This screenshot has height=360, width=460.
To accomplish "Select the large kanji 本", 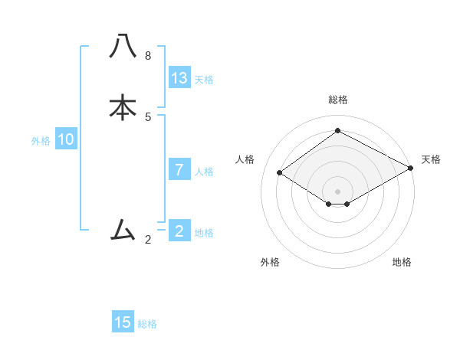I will coord(123,107).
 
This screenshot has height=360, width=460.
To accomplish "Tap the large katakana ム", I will coord(123,229).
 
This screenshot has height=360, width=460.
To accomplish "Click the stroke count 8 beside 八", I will coord(148,56).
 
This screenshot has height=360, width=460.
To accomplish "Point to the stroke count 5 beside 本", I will coord(148,116).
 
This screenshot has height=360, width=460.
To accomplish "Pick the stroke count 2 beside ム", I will coord(148,240).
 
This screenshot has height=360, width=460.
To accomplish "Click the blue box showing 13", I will coord(179,78).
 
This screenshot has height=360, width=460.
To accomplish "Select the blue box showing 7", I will coord(179,170).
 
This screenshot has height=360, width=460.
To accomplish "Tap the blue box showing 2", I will coord(179,231).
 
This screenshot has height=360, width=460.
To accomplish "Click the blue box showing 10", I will coord(66,139).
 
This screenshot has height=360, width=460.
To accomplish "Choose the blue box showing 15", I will coord(123,322).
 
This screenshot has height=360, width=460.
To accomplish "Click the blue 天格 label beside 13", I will coord(204,79).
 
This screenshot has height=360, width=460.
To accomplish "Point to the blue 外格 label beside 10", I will coord(41,140).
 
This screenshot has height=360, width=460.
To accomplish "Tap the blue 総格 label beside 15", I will coord(147,323).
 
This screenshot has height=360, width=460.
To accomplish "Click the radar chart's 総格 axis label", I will coord(338,100).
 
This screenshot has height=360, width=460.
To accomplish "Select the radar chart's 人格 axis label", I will coord(245,159).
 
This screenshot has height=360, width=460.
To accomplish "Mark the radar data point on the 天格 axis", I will coord(412,169).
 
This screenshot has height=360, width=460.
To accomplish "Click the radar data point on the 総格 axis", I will coord(337,130).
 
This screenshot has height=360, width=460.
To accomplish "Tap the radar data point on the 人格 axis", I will coord(280,173).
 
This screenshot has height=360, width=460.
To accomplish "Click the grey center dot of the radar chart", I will coord(337,191).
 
